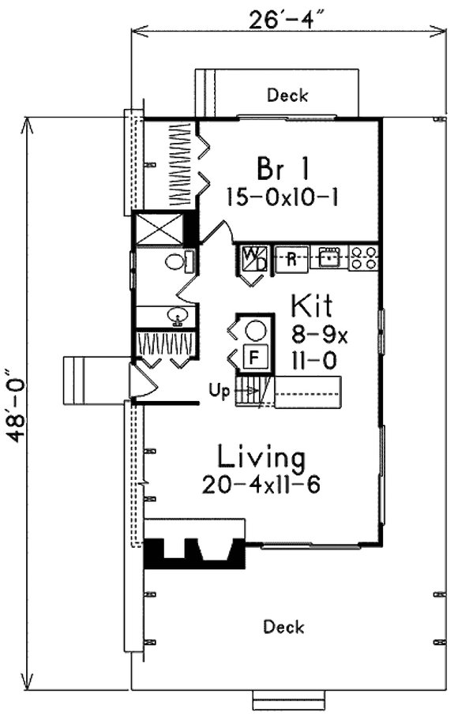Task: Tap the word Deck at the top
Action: point(287,96)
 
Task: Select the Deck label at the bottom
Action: point(283,627)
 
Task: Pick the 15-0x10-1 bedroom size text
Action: point(282,197)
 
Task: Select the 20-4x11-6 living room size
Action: point(261,484)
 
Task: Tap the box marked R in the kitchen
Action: point(291,258)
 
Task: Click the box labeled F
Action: point(254,357)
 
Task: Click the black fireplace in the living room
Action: point(193,553)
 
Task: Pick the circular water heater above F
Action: point(256,329)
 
